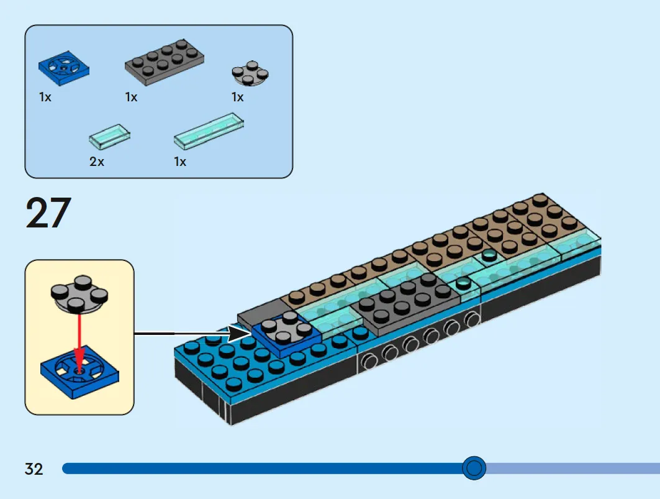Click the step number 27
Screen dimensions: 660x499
(48, 213)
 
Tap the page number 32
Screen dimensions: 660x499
(34, 469)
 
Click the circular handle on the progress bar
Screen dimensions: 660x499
(474, 468)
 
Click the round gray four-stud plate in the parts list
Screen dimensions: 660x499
(250, 73)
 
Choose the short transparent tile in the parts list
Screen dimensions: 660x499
(109, 135)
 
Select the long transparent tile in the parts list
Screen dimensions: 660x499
(209, 130)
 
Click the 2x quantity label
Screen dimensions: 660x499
(96, 162)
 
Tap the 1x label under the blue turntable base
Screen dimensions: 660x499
(45, 97)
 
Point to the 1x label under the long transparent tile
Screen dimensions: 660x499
(179, 162)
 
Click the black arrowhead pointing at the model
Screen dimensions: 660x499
(238, 334)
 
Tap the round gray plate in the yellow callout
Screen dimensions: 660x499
(79, 294)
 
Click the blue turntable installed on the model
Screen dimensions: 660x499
(287, 332)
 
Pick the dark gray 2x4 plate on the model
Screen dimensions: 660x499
(405, 302)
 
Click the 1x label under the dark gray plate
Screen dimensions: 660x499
(132, 97)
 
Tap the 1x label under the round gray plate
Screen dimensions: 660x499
(237, 97)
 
